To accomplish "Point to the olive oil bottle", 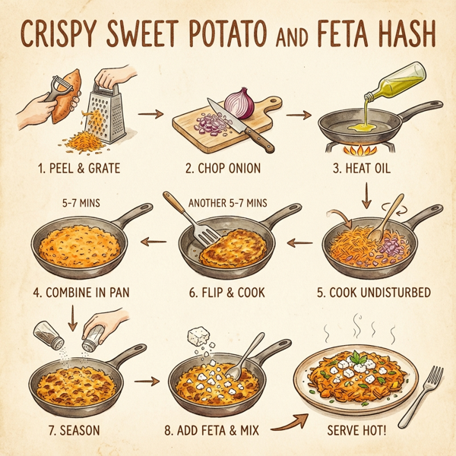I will click(x=394, y=83).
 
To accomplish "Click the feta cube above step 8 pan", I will click(x=201, y=334).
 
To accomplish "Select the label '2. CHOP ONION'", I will click(x=220, y=167).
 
